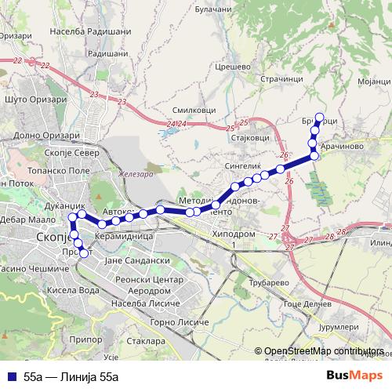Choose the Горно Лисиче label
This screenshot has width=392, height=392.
pyautogui.click(x=180, y=322)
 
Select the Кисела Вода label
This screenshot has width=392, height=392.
pyautogui.click(x=74, y=289)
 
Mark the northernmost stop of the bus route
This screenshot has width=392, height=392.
pyautogui.click(x=318, y=118)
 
